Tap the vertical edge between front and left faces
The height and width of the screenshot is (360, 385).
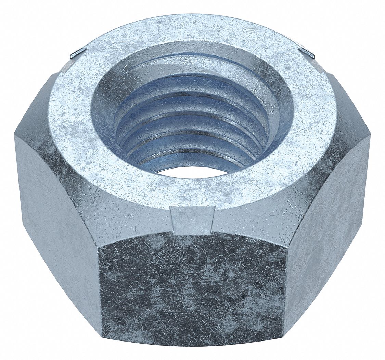click(99, 291)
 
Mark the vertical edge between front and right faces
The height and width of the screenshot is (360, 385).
click(285, 291)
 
